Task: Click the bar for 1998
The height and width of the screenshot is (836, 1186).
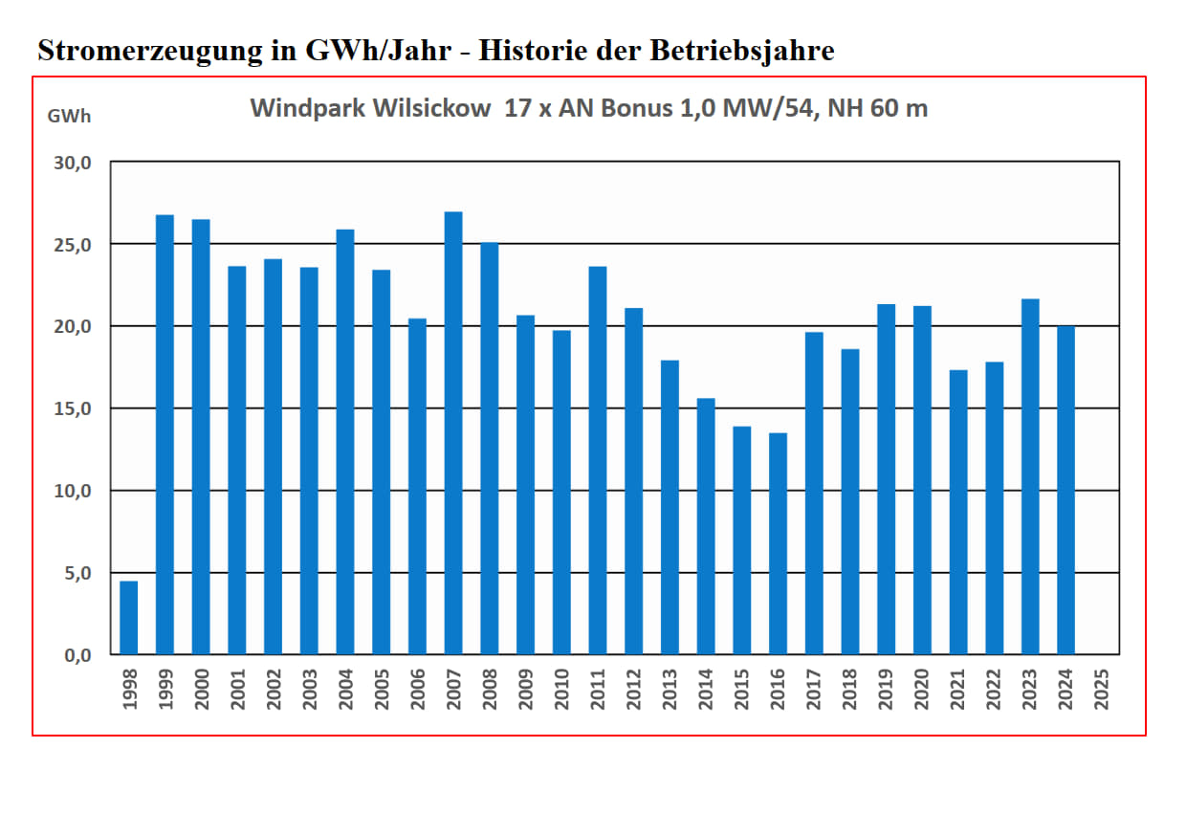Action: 129,618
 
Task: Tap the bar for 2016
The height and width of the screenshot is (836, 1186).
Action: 778,544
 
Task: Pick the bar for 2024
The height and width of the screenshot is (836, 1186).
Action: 1065,491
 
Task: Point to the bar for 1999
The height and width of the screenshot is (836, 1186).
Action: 165,435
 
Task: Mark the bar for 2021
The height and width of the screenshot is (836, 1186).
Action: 958,513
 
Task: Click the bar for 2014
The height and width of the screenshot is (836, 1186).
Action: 706,527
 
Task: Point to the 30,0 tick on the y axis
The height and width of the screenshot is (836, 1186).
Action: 72,163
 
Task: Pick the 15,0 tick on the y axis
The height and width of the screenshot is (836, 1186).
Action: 72,408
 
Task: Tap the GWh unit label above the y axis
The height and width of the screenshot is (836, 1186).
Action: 69,117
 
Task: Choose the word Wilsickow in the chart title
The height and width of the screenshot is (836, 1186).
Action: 435,108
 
